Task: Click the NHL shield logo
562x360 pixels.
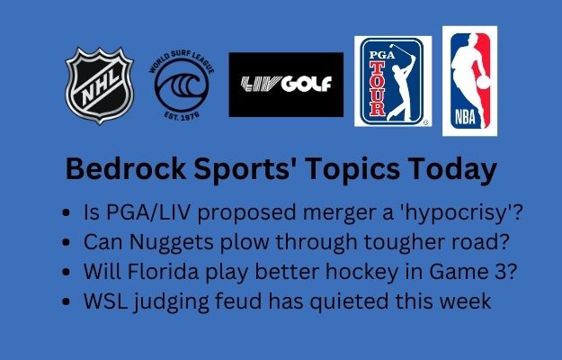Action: pos(99,85)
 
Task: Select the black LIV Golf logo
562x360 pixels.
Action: pos(286,85)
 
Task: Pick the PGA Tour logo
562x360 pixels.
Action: pos(393,81)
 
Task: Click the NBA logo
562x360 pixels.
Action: pos(469,81)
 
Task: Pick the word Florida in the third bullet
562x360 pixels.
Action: pos(163,272)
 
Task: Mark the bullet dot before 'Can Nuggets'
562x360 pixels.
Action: pos(66,242)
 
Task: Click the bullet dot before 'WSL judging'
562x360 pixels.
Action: pos(66,301)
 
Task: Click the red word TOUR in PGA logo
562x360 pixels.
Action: pos(378,89)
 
